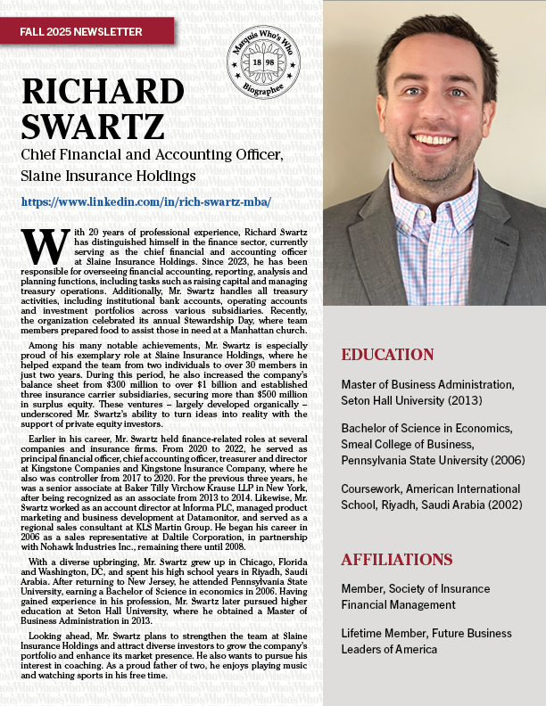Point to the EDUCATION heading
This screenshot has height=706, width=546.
click(x=388, y=355)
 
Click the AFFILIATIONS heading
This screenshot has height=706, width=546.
click(x=397, y=560)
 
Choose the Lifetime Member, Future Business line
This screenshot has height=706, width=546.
click(x=426, y=633)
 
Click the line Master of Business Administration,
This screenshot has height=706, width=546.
click(x=427, y=385)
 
